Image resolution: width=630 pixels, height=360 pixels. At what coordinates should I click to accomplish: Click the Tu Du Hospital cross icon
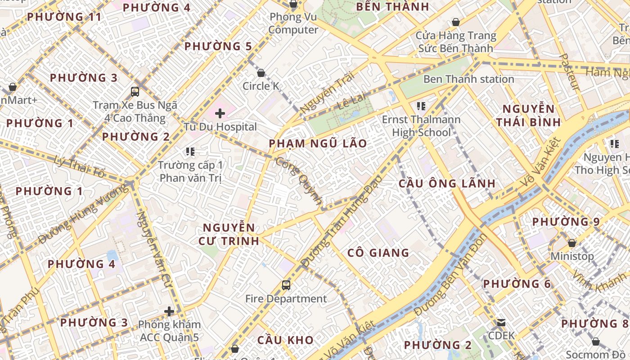click(x=220, y=113)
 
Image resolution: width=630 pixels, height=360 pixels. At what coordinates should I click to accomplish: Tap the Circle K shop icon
click(x=261, y=73)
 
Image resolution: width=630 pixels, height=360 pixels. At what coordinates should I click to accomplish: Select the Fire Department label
click(x=286, y=298)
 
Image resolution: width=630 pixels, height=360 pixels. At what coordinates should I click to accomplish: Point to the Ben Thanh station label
click(x=468, y=79)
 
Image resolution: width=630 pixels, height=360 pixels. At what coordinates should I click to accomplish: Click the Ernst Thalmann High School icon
click(x=421, y=106)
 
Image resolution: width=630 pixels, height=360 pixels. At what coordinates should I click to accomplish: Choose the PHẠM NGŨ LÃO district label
click(x=318, y=144)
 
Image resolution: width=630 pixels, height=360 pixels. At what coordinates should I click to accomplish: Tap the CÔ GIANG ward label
click(x=378, y=253)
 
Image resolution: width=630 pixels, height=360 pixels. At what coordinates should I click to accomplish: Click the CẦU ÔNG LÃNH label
click(x=447, y=184)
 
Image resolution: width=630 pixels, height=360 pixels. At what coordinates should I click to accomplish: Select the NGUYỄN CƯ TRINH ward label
click(x=229, y=234)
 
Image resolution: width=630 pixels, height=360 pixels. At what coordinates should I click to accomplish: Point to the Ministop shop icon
click(x=571, y=243)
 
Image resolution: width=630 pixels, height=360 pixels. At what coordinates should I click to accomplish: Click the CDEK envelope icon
click(x=501, y=323)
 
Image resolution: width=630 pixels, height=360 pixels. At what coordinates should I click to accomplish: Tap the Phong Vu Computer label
click(x=293, y=23)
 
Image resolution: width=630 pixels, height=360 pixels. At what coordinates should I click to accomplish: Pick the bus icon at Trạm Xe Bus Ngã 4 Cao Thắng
click(x=135, y=92)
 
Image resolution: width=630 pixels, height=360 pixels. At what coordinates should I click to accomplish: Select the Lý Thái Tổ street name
click(x=79, y=166)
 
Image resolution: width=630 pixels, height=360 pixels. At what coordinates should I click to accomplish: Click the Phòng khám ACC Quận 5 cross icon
click(x=169, y=311)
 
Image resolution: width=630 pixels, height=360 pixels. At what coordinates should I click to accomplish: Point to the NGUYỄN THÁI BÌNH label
click(x=528, y=115)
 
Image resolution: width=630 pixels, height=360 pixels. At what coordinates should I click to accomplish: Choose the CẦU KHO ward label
click(x=285, y=340)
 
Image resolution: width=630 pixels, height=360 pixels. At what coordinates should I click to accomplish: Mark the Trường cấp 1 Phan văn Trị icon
click(x=190, y=152)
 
